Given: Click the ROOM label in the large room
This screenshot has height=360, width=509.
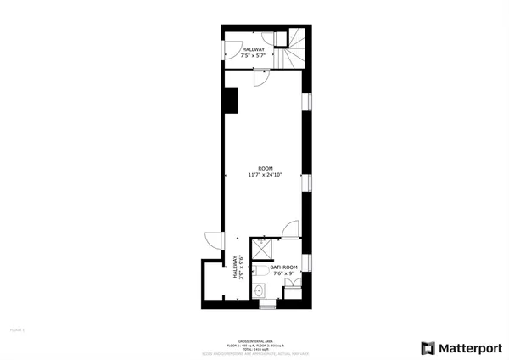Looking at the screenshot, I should [x=265, y=168].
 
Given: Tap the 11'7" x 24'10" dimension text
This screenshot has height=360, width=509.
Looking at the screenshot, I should [x=265, y=175].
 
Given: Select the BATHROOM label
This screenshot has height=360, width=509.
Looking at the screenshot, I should [x=284, y=267].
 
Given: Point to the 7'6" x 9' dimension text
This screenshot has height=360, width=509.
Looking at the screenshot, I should [x=282, y=273].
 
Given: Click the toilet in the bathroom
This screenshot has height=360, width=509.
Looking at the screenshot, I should [x=261, y=271].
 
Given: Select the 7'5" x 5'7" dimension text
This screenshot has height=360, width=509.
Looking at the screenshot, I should [x=254, y=56].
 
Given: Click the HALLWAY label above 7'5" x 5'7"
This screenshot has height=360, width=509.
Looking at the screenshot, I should [x=254, y=49].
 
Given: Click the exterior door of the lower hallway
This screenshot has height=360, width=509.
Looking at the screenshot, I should [x=212, y=240].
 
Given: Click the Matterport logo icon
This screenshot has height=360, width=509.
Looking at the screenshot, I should [x=428, y=347].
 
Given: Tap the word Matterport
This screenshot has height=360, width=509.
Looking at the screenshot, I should [x=469, y=347].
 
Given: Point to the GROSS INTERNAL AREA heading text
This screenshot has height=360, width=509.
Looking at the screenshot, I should [x=255, y=335].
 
